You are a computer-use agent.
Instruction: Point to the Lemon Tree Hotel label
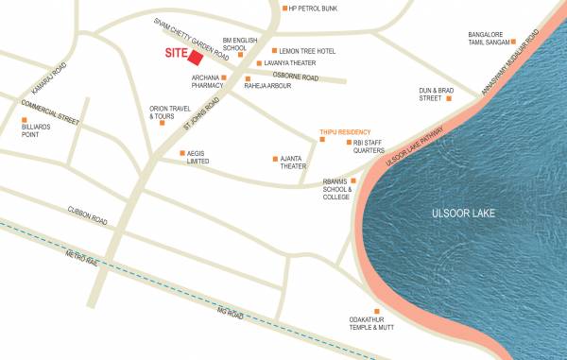point(309,51)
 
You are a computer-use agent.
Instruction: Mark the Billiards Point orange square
point(25,120)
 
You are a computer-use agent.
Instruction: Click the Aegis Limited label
point(198,157)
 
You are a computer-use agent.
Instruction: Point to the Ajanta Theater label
point(291,163)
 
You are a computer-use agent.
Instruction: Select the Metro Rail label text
point(81,256)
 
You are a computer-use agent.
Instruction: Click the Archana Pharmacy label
point(205,81)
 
